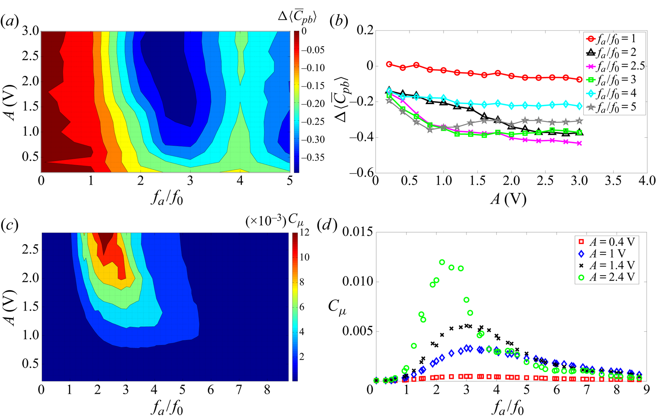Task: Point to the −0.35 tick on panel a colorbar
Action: [x=313, y=157]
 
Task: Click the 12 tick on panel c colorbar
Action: [x=305, y=232]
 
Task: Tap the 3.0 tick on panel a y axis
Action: [x=30, y=31]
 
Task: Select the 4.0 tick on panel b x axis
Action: [x=646, y=181]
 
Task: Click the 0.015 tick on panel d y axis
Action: [x=357, y=232]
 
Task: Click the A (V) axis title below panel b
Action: [x=508, y=199]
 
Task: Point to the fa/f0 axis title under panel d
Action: [x=508, y=408]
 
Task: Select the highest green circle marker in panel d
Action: [x=442, y=262]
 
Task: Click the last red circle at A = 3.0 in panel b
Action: [x=580, y=79]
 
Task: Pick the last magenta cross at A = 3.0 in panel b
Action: [x=580, y=143]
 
